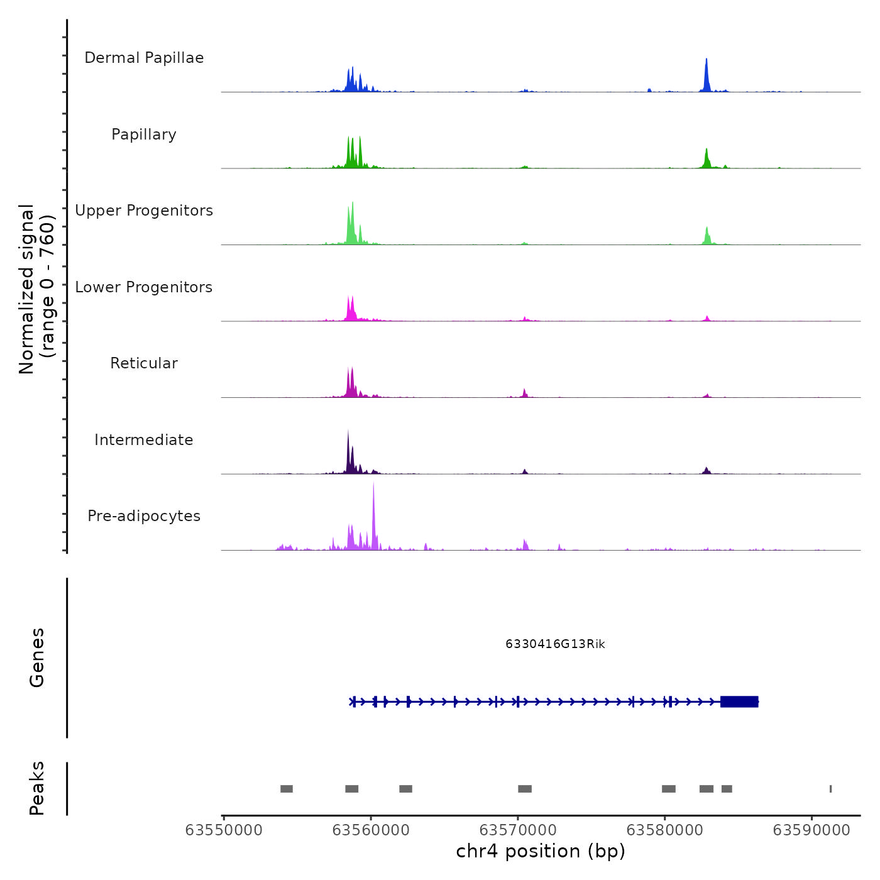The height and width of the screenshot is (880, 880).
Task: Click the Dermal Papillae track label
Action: click(x=144, y=58)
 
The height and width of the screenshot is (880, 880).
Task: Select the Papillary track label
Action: click(x=144, y=135)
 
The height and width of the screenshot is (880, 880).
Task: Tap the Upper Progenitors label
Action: click(x=144, y=211)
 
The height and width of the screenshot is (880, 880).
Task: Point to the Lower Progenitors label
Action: click(x=144, y=287)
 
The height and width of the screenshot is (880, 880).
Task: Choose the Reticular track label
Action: click(x=144, y=363)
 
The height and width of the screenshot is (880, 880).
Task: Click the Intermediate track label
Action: click(x=144, y=440)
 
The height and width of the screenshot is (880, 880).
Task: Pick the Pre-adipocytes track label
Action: click(x=144, y=516)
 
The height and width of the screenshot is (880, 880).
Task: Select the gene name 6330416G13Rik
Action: click(x=555, y=644)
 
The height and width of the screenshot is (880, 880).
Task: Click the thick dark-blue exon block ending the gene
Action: click(x=739, y=701)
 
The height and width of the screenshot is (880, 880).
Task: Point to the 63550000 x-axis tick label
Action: click(x=224, y=830)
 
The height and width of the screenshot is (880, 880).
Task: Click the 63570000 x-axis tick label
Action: click(x=518, y=830)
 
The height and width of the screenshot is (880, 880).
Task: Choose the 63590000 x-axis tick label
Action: click(x=811, y=830)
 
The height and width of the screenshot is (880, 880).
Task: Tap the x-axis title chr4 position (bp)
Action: click(x=541, y=852)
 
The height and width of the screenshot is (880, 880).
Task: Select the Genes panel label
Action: click(x=37, y=657)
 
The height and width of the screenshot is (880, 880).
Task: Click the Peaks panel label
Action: click(x=37, y=788)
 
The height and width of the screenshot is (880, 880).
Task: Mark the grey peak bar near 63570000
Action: click(x=525, y=789)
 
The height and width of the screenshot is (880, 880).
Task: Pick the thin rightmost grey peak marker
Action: click(x=830, y=789)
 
